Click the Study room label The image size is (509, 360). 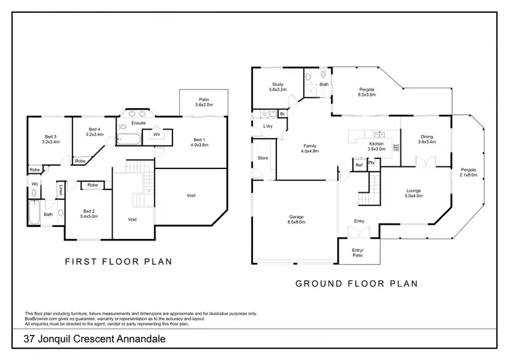coord(278,86)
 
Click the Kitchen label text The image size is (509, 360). coord(376,144)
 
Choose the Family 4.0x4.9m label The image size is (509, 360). coord(311,148)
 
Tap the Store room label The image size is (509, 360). coord(263,158)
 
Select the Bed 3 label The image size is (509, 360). coord(51,139)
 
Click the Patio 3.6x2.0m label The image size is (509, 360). coord(204,102)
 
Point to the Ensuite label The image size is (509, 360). coord(138,123)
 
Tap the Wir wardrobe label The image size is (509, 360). coord(156,134)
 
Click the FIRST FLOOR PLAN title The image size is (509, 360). coord(117,261)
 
